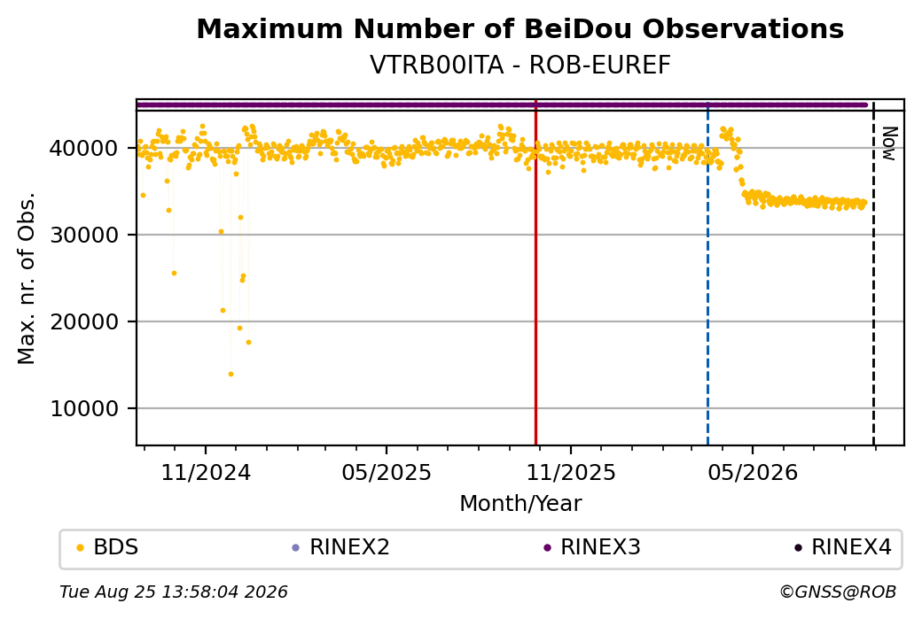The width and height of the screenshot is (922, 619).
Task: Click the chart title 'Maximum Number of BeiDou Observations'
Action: [x=520, y=28]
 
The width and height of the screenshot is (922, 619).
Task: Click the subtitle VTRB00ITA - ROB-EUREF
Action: [x=520, y=66]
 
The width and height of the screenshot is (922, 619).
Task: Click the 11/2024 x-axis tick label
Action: [x=206, y=472]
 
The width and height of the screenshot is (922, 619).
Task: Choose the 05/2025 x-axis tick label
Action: [x=387, y=472]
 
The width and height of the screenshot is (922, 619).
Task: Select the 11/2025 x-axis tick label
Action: [x=570, y=472]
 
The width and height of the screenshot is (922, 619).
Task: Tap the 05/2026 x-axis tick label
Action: [x=753, y=472]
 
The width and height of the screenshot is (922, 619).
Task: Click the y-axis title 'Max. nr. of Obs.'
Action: [x=27, y=278]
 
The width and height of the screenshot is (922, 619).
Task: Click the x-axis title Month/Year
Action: [x=520, y=503]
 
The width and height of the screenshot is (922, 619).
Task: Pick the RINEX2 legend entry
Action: [x=341, y=547]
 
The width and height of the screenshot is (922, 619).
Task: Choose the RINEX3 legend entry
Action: [x=592, y=547]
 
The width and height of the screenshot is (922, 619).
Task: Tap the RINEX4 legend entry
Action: [x=843, y=547]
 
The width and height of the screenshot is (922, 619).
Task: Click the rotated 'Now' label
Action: [x=889, y=143]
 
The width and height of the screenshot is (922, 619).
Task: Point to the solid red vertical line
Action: [x=535, y=273]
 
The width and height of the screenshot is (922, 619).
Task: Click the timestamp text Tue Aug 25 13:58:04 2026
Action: [x=174, y=592]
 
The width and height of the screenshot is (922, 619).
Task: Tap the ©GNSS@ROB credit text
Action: [x=838, y=592]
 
